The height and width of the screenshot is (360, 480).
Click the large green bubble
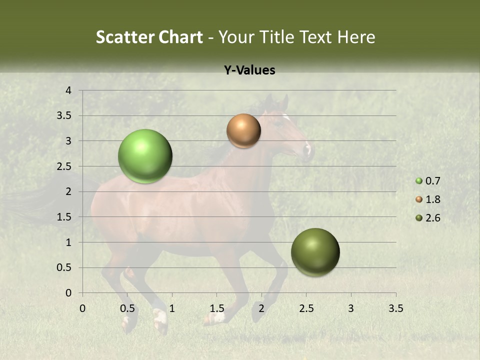(145, 156)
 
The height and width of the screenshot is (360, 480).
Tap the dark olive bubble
(315, 252)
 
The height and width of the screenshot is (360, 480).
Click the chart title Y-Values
(249, 70)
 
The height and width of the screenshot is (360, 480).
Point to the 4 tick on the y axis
(68, 90)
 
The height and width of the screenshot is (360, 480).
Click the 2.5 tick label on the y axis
(64, 166)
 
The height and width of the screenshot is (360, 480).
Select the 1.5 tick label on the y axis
(64, 217)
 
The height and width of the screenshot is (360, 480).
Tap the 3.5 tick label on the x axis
(395, 308)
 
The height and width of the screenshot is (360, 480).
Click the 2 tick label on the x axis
(261, 308)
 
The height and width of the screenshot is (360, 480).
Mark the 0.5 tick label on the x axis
(127, 308)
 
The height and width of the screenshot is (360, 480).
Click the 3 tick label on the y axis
(68, 141)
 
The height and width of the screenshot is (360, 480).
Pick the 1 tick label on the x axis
(172, 308)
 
